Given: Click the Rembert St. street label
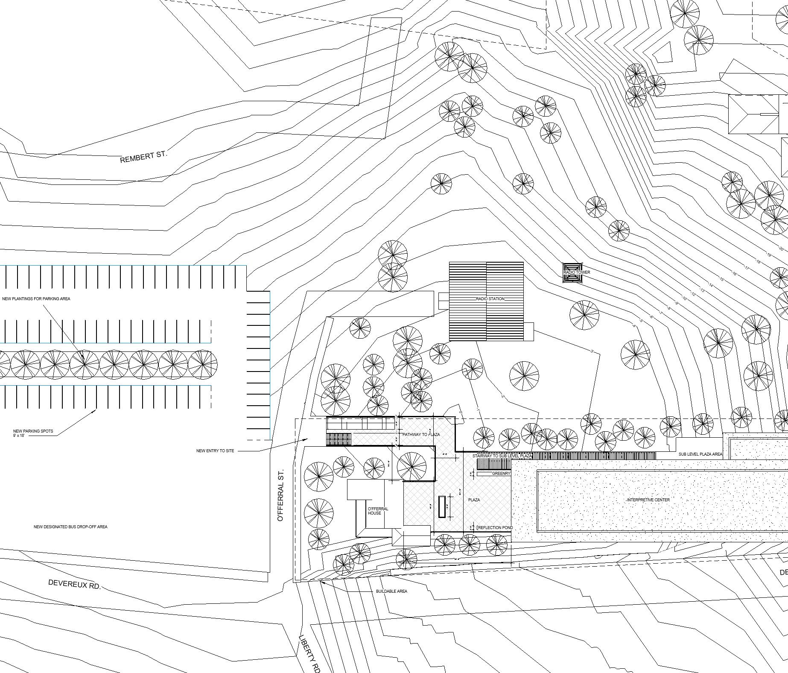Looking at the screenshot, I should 143,156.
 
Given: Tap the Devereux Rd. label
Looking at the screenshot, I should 74,584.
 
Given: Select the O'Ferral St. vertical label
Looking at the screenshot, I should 280,495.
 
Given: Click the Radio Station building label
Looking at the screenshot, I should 490,299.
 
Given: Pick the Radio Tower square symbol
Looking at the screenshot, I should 572,272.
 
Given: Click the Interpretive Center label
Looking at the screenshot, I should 648,500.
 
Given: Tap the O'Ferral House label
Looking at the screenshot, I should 378,511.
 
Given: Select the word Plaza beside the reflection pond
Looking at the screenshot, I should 474,500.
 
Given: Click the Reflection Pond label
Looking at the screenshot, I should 495,528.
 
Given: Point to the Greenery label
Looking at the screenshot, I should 501,474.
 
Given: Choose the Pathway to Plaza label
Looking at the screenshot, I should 421,435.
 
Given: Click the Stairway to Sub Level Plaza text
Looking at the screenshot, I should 502,456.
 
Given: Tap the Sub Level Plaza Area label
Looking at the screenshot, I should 700,454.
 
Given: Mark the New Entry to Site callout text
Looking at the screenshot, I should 215,451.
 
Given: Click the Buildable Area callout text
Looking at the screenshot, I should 391,591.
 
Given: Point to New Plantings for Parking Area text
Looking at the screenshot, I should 36,299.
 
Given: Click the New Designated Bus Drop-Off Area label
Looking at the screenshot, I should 70,527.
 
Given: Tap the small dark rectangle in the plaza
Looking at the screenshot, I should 442,507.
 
